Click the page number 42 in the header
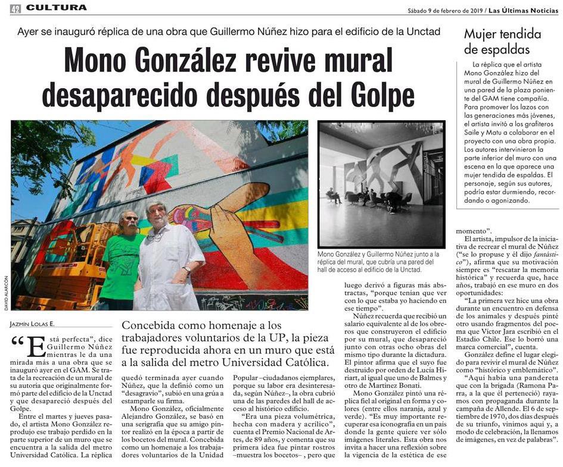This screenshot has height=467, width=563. click(15, 8)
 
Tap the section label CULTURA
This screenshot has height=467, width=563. click(57, 8)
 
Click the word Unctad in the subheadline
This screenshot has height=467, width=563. click(424, 31)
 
